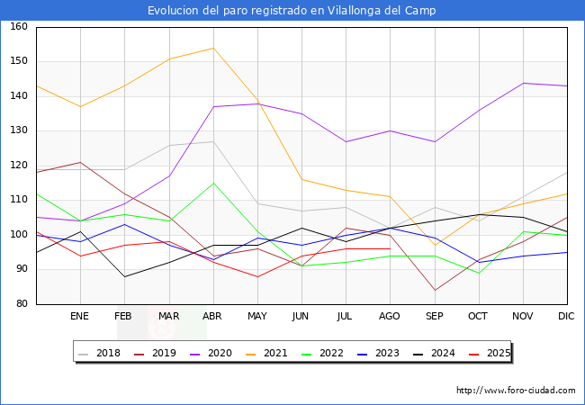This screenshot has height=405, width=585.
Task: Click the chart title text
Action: (x=292, y=11)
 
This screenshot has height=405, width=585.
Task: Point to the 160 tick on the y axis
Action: (x=19, y=27)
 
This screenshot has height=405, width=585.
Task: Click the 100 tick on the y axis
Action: (x=19, y=235)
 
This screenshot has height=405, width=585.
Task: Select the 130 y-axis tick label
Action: (x=19, y=131)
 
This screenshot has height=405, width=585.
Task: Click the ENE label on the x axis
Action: (x=80, y=317)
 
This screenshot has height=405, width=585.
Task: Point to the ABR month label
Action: (x=212, y=317)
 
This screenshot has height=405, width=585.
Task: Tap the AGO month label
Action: (x=390, y=317)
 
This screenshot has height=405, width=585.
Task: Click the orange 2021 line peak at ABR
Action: (x=213, y=48)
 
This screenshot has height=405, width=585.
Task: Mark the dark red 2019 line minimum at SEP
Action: (x=435, y=290)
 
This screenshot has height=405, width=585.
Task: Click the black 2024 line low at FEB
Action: (x=124, y=276)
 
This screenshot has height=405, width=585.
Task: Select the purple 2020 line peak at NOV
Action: (x=523, y=83)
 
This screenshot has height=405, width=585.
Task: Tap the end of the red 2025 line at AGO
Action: (x=390, y=248)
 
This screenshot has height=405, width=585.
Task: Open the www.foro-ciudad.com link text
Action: (x=516, y=391)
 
